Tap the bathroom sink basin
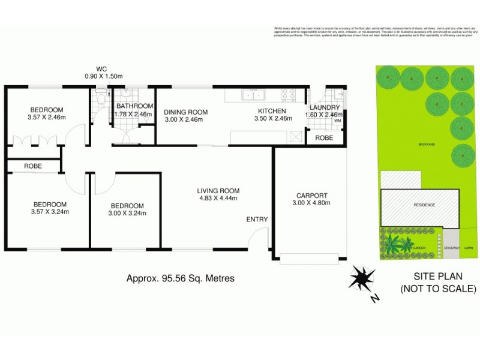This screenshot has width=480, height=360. [x=127, y=94]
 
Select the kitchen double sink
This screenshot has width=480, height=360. [x=253, y=94]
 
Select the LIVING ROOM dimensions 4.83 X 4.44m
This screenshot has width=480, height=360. [x=218, y=199]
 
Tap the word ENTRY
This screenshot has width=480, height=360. [x=257, y=220]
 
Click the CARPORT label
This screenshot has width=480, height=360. [x=312, y=195]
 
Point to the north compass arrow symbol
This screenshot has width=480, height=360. [x=362, y=278]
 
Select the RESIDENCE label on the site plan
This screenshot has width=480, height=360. [x=424, y=205]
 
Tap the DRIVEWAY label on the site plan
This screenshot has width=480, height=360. [x=452, y=248]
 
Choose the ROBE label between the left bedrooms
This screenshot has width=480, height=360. [x=33, y=166]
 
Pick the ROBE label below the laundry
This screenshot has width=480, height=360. [x=325, y=137]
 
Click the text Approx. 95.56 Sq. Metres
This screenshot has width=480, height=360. [x=180, y=278]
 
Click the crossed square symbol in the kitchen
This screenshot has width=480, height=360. [x=295, y=136]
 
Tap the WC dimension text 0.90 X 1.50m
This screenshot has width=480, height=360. [x=103, y=76]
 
